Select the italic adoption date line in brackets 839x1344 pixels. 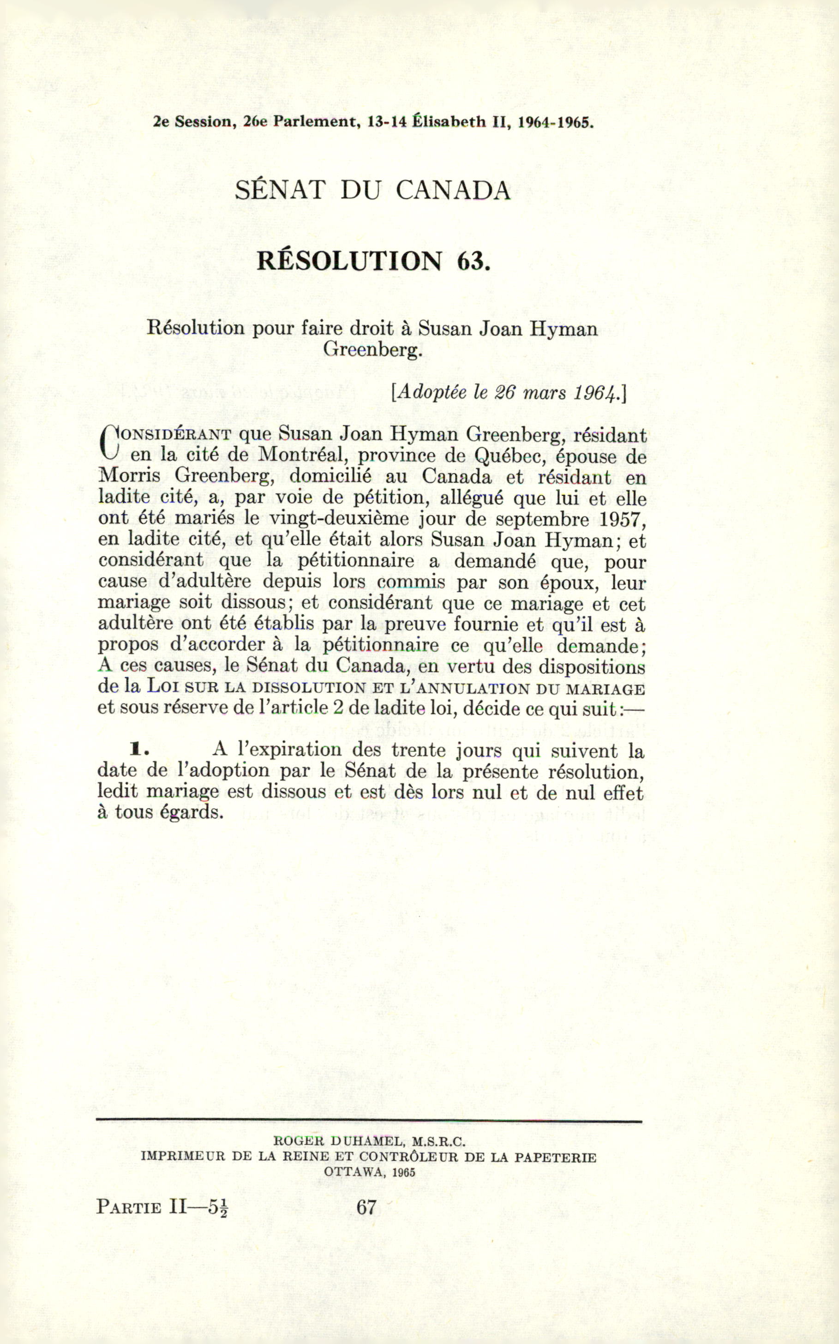click(x=508, y=393)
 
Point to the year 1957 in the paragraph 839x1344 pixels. click(x=623, y=519)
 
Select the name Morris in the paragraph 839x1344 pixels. click(x=129, y=476)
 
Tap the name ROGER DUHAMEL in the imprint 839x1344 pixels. click(x=338, y=1141)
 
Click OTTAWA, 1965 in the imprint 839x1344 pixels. click(x=370, y=1172)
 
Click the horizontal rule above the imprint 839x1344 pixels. click(x=369, y=1121)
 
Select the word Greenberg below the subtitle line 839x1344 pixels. click(x=372, y=349)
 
